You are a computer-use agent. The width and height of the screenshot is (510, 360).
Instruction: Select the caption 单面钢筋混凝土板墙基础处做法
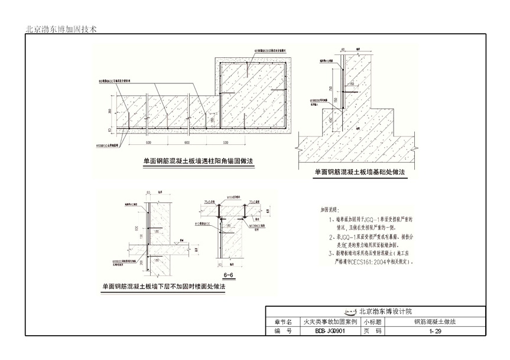click(x=359, y=172)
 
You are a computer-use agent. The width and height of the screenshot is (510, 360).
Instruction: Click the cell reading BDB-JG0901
click(x=321, y=332)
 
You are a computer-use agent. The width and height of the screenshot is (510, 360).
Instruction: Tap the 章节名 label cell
click(x=283, y=322)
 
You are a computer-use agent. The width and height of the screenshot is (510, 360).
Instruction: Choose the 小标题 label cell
click(x=373, y=322)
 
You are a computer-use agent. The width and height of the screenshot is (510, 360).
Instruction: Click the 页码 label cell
click(x=373, y=332)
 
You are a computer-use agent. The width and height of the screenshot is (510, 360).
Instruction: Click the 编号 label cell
click(x=283, y=332)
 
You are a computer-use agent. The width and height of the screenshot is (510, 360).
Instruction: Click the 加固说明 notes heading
click(x=332, y=209)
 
